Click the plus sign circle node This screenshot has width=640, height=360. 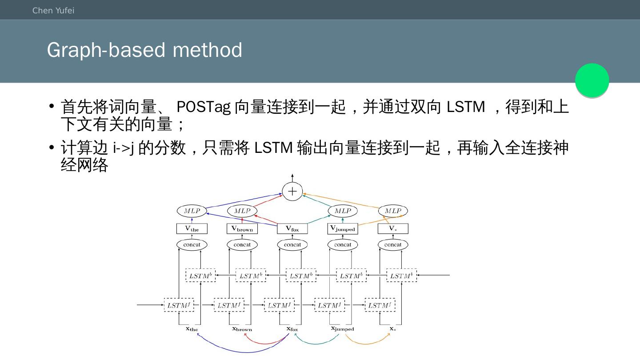(x=292, y=192)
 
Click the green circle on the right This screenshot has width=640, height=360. (x=592, y=80)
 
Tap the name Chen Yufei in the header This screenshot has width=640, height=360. (x=53, y=10)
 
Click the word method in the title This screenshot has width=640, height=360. (x=207, y=50)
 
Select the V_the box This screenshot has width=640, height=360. (x=192, y=229)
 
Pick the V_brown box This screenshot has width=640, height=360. (x=242, y=229)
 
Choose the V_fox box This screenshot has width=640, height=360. (x=292, y=229)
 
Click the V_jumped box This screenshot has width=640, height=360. (x=342, y=229)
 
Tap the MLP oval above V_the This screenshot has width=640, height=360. (x=192, y=211)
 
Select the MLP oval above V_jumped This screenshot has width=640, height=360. (x=342, y=211)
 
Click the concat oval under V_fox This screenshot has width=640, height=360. (x=292, y=244)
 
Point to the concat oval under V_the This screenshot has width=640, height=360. (x=192, y=244)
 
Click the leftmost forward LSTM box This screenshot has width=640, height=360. (x=179, y=305)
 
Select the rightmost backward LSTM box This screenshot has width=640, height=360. (x=401, y=276)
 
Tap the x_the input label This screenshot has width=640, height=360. (x=192, y=329)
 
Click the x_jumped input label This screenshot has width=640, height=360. (x=342, y=329)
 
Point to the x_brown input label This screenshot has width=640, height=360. (x=242, y=329)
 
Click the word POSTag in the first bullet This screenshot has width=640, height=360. (x=203, y=107)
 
